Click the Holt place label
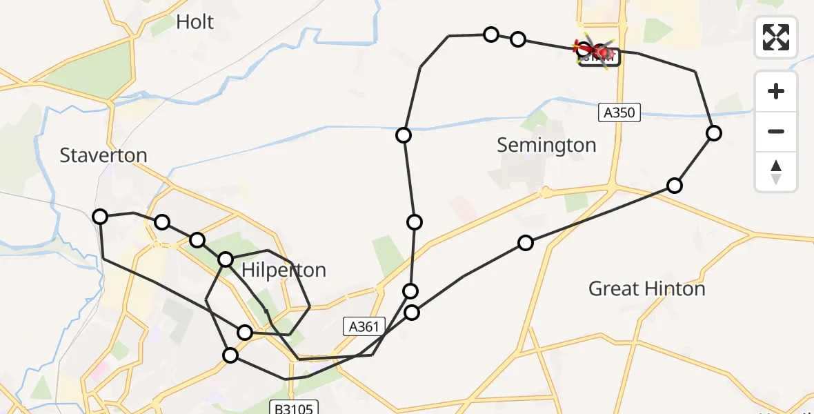coord(195,22)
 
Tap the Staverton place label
coord(103,155)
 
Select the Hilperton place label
coord(283,270)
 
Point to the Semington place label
coord(546,145)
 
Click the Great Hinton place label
coord(646,288)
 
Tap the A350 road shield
coord(619,112)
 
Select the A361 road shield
coord(364,326)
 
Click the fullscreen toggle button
coord(776,37)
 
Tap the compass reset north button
coord(776,172)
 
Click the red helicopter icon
coord(597,52)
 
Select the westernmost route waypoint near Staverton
coord(101,217)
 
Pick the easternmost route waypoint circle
coord(714,133)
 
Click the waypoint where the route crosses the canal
coord(404,135)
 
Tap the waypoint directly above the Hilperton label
coord(226,259)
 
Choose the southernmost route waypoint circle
coord(230,355)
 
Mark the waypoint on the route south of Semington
coord(526,243)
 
